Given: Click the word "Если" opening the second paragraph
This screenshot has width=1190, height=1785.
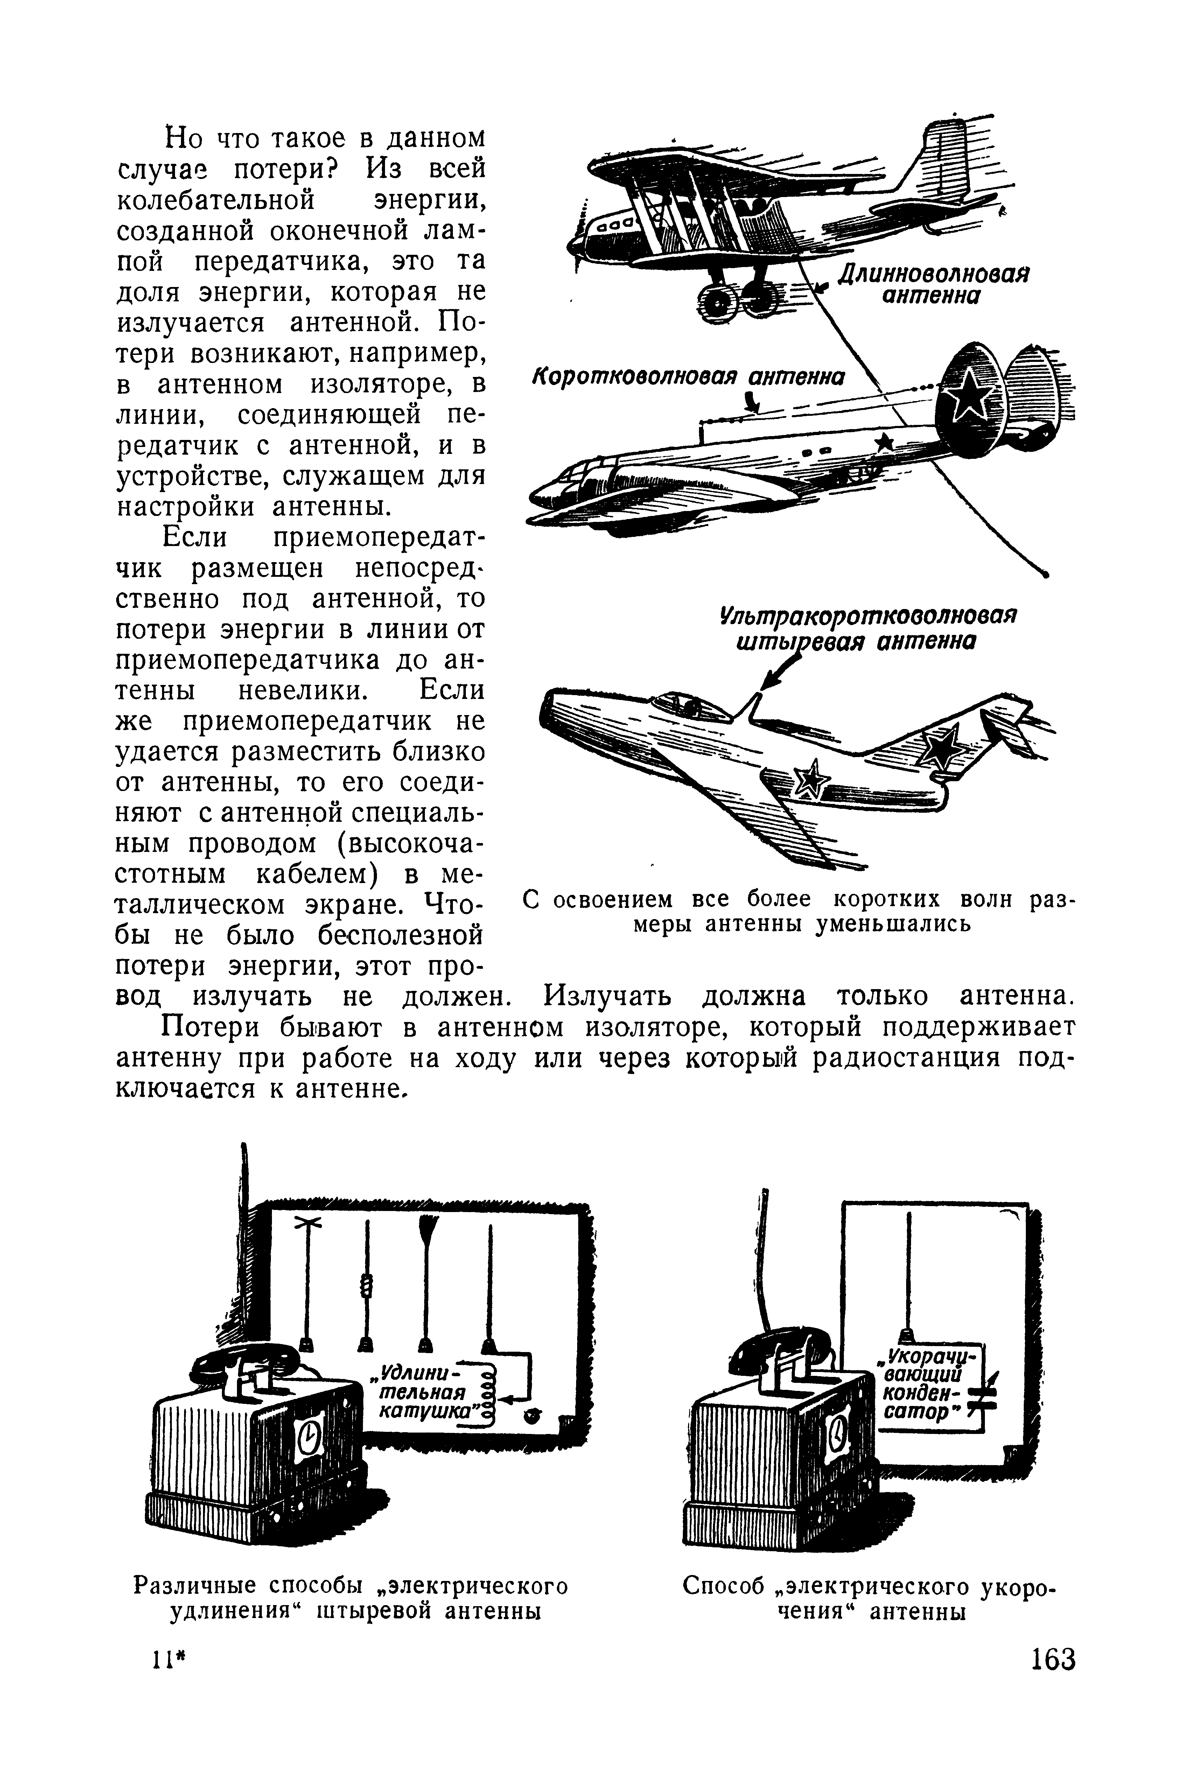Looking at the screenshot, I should click(196, 537).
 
